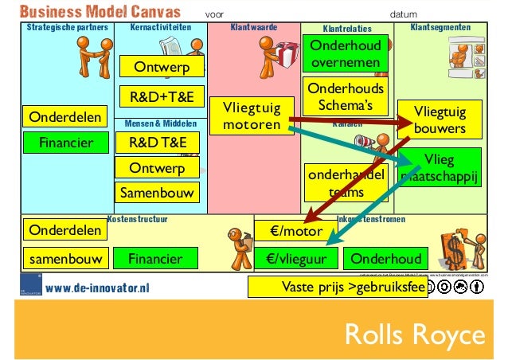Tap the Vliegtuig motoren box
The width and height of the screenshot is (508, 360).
[x=247, y=116]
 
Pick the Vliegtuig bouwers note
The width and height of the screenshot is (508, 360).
[x=440, y=119]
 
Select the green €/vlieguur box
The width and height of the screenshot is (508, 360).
[x=296, y=258]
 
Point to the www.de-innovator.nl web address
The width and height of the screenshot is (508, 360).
[x=97, y=288]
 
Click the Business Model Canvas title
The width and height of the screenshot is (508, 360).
[x=100, y=13]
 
